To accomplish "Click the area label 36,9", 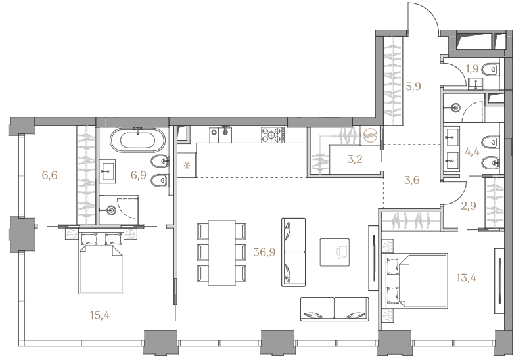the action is [264, 252].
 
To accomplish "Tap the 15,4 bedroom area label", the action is [100, 315].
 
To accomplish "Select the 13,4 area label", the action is [466, 278].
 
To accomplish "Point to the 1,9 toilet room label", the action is [472, 69].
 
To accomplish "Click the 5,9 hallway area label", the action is [413, 87].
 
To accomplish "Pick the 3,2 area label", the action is [355, 158].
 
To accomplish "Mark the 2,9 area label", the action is [469, 206].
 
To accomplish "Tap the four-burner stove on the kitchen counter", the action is [272, 135].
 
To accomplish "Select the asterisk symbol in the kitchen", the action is [187, 166].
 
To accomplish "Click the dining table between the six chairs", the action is [222, 253].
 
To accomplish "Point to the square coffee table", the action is [335, 252].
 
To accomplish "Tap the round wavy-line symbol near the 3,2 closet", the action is [369, 135].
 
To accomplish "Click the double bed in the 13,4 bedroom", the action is [415, 281].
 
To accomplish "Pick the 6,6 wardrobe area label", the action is [49, 175].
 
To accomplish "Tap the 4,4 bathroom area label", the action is [472, 152].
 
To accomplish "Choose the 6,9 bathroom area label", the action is [139, 175].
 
